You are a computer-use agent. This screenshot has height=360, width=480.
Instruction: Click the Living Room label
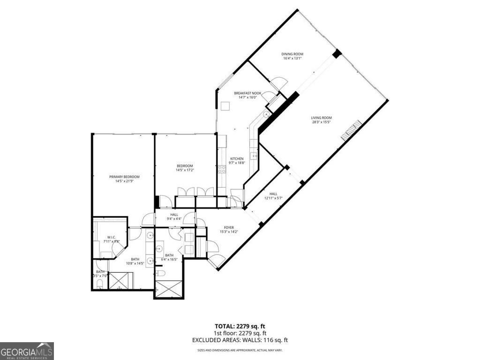(x=321, y=118)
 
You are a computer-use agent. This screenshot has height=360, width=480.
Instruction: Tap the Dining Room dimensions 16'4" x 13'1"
(x=292, y=59)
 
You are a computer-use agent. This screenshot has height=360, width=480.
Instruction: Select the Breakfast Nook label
(x=247, y=93)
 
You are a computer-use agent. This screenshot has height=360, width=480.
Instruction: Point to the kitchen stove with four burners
(x=222, y=169)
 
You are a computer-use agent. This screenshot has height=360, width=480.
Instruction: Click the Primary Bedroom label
(x=124, y=177)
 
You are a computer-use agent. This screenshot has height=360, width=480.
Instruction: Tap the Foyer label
(x=229, y=227)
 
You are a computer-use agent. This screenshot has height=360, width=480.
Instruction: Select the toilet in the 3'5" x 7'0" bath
(x=99, y=283)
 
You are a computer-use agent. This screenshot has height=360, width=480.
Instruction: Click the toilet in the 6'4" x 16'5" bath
(x=160, y=273)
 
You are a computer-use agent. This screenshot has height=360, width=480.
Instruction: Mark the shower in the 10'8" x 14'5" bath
(x=121, y=280)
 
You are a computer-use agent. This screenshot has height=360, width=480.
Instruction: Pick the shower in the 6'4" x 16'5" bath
(x=169, y=289)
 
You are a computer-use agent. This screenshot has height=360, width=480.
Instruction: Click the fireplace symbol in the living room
(x=352, y=130)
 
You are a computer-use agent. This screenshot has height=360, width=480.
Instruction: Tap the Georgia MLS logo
(x=27, y=351)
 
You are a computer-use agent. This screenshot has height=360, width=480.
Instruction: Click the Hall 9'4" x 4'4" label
(x=174, y=217)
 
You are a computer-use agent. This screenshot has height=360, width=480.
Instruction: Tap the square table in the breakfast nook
(x=225, y=107)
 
